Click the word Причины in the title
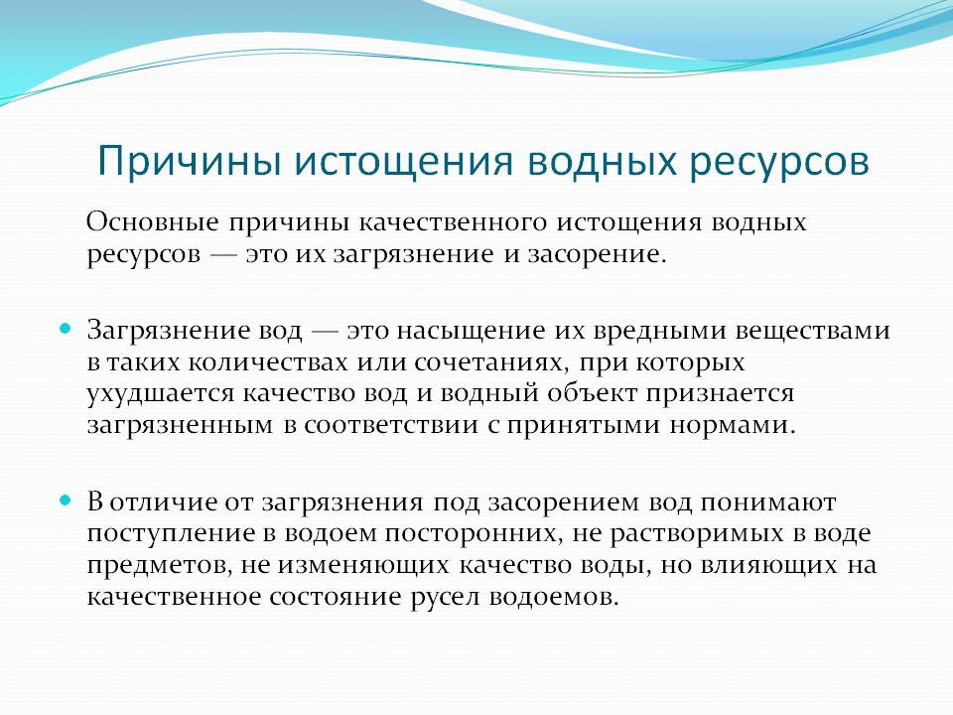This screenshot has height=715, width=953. [189, 162]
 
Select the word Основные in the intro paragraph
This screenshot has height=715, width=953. [152, 222]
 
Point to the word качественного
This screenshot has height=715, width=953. [453, 223]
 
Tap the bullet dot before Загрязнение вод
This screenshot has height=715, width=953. [66, 329]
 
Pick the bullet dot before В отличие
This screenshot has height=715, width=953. [66, 500]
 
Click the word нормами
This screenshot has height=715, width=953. [733, 425]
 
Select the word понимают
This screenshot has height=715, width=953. [768, 503]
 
